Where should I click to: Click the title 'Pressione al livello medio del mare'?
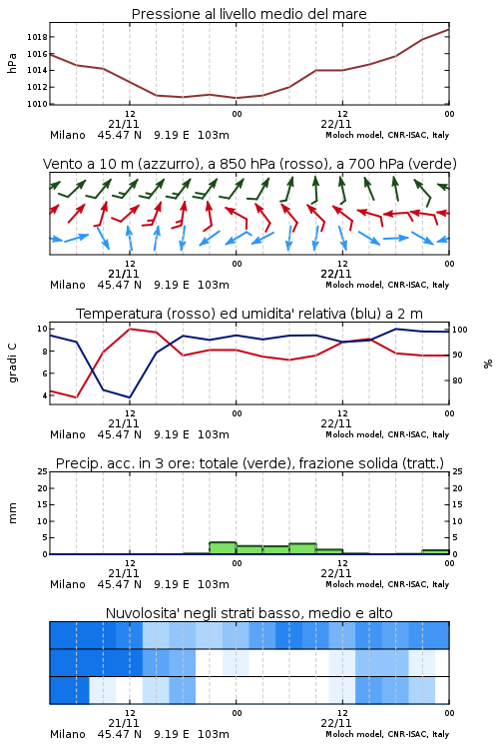click(x=249, y=14)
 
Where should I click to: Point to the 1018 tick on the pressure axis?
click(x=37, y=37)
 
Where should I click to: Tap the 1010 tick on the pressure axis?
click(x=37, y=104)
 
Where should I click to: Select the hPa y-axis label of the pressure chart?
click(x=12, y=63)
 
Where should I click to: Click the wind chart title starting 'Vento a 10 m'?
click(x=249, y=164)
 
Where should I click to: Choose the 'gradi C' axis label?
click(x=13, y=364)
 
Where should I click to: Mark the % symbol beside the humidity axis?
click(x=488, y=364)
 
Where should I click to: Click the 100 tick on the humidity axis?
click(x=460, y=330)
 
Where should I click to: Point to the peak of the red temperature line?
click(x=130, y=329)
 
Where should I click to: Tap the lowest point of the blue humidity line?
click(x=130, y=397)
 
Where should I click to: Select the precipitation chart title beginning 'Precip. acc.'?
click(x=249, y=463)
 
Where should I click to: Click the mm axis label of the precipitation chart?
click(x=13, y=513)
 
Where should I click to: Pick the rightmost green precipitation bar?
click(x=435, y=552)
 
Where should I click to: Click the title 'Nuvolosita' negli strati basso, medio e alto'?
click(x=249, y=613)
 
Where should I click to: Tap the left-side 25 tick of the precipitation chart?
click(x=43, y=471)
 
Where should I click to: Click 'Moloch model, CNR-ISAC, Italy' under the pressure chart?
click(x=387, y=135)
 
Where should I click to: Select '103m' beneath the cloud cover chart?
click(x=214, y=734)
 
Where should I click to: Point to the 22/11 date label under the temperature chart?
click(x=335, y=423)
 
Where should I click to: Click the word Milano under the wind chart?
click(x=67, y=285)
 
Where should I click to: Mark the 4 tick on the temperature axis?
click(x=44, y=395)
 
